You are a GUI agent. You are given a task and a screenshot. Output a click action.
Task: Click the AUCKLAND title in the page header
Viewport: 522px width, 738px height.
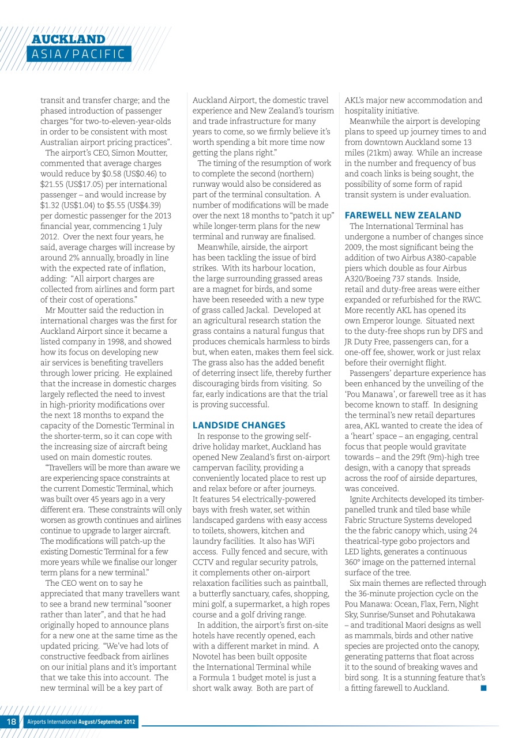(69, 39)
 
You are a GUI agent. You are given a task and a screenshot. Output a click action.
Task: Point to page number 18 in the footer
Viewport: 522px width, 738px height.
(12, 722)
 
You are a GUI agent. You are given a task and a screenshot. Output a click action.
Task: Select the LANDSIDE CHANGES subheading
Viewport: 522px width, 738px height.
(239, 426)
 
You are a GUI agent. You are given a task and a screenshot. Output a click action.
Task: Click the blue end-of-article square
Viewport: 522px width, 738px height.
(482, 688)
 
